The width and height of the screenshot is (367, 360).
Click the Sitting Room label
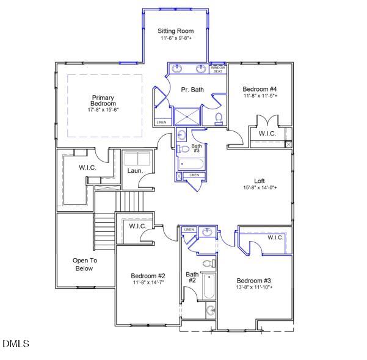(x=175, y=31)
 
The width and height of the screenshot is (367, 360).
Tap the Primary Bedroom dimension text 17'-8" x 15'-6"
(x=103, y=110)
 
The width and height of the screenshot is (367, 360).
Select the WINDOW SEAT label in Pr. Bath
(x=218, y=69)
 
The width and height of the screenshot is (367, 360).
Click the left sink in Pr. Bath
(x=177, y=68)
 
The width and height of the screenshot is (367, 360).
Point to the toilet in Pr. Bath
(x=219, y=116)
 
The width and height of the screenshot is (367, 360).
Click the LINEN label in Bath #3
(x=194, y=175)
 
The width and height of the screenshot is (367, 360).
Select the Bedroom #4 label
(x=260, y=88)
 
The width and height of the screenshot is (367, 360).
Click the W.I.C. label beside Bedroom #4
(x=267, y=134)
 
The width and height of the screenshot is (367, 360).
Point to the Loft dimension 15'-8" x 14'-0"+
(x=260, y=188)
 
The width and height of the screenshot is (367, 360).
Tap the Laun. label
(x=135, y=170)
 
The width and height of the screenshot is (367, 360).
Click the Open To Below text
(x=84, y=264)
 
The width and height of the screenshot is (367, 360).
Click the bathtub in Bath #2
(x=209, y=286)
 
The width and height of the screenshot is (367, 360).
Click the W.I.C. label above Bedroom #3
(x=275, y=237)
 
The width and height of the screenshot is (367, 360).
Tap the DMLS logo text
(x=16, y=344)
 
